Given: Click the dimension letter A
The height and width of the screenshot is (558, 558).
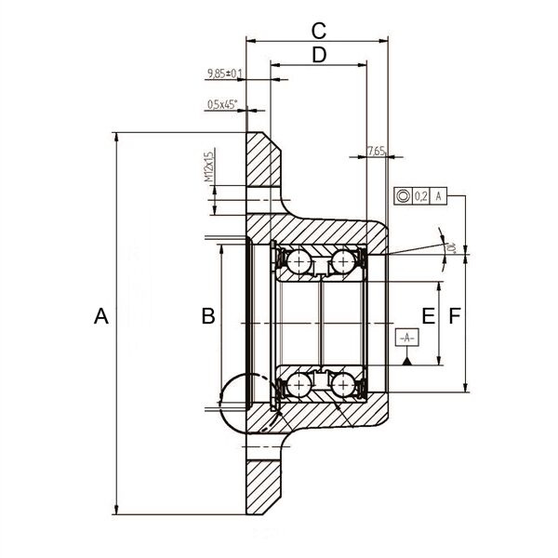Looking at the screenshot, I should [101, 317].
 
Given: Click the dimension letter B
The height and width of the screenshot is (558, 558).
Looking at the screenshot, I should [208, 317].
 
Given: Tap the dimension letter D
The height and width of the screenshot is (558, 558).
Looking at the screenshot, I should [319, 55].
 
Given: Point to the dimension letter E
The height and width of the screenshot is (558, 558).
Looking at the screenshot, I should [427, 317].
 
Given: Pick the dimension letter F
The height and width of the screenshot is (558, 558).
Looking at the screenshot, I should [454, 317].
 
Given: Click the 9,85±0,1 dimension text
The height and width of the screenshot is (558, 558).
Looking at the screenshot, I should [224, 73].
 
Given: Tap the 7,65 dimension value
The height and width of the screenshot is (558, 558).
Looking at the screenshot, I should [376, 150].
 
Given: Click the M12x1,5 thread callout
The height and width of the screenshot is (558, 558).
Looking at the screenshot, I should [209, 166].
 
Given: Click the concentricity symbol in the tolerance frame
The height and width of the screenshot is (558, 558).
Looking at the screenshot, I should [403, 195].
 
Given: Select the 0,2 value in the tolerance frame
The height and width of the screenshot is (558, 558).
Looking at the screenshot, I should [420, 195].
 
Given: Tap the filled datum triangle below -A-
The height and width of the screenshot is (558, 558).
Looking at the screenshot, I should [407, 361].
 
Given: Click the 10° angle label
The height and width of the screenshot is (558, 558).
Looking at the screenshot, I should [450, 248].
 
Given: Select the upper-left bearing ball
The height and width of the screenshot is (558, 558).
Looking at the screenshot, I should [299, 262].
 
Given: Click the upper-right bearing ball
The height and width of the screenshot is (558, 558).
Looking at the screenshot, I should [343, 262].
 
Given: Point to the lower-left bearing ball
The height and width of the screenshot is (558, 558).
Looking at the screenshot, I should [299, 383].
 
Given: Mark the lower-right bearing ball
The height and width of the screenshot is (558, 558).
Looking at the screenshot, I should [343, 383].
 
